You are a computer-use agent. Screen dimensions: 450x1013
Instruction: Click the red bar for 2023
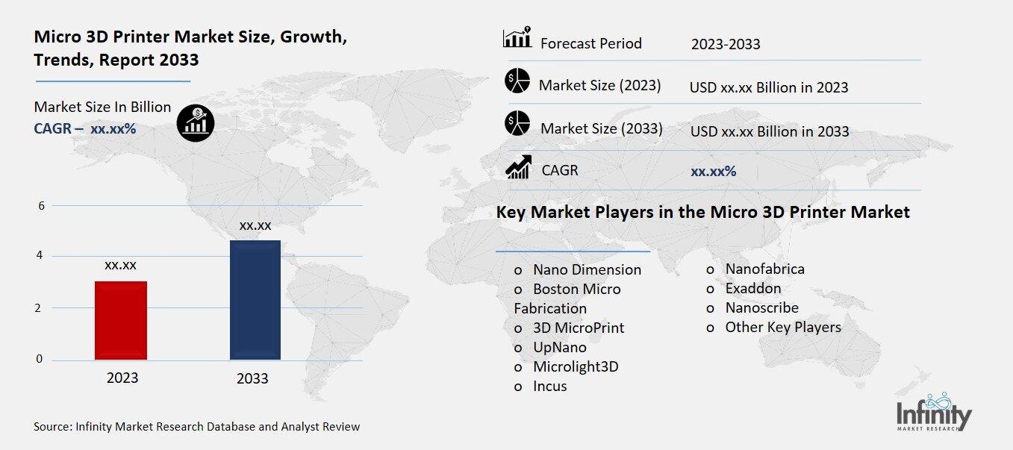pyautogui.click(x=121, y=320)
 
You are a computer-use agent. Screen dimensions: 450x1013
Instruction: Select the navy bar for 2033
pyautogui.click(x=255, y=299)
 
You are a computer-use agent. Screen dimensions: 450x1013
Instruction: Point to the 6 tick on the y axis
pyautogui.click(x=41, y=206)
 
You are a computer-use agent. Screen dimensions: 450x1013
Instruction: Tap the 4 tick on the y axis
pyautogui.click(x=41, y=256)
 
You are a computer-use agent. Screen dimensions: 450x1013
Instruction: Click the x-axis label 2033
pyautogui.click(x=252, y=378)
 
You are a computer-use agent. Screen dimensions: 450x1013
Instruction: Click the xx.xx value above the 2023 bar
pyautogui.click(x=120, y=265)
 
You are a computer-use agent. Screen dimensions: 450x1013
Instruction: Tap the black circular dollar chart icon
pyautogui.click(x=196, y=122)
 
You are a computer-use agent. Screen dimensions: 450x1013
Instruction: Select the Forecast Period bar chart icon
pyautogui.click(x=517, y=38)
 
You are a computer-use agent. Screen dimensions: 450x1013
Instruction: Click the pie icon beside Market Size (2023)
pyautogui.click(x=517, y=81)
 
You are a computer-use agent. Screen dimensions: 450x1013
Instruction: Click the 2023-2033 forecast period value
pyautogui.click(x=726, y=44)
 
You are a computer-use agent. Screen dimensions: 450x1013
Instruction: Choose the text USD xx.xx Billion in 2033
pyautogui.click(x=770, y=131)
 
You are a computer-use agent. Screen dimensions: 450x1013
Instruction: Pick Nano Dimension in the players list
pyautogui.click(x=587, y=269)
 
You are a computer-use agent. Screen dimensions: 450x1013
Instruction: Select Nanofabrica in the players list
pyautogui.click(x=764, y=269)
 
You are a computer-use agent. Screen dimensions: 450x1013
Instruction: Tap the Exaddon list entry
pyautogui.click(x=752, y=288)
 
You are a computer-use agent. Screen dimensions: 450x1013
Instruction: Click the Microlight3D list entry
pyautogui.click(x=576, y=366)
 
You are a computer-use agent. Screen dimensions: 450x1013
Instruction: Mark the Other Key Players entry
pyautogui.click(x=782, y=327)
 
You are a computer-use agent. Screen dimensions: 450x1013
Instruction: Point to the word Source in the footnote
pyautogui.click(x=52, y=427)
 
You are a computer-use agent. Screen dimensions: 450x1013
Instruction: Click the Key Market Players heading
pyautogui.click(x=702, y=212)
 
